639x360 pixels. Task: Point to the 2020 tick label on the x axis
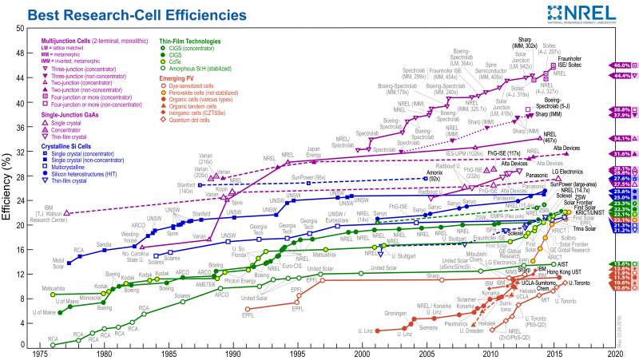[621, 353]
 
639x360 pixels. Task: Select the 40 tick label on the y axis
[20, 103]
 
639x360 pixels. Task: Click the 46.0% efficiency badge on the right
[621, 64]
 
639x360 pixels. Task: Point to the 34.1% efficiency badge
[621, 137]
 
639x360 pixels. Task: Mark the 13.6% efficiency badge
[621, 263]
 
